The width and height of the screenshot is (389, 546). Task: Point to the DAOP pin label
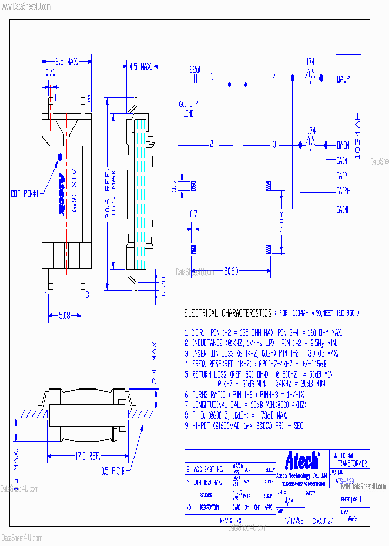pos(343,79)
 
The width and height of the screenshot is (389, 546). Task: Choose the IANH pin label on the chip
pos(343,209)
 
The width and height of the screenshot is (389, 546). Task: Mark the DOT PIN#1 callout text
pos(25,193)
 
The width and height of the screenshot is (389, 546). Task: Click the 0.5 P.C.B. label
pos(113,472)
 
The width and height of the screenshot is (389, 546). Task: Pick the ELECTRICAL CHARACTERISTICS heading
pos(227,313)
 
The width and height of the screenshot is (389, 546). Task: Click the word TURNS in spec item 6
pos(202,394)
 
